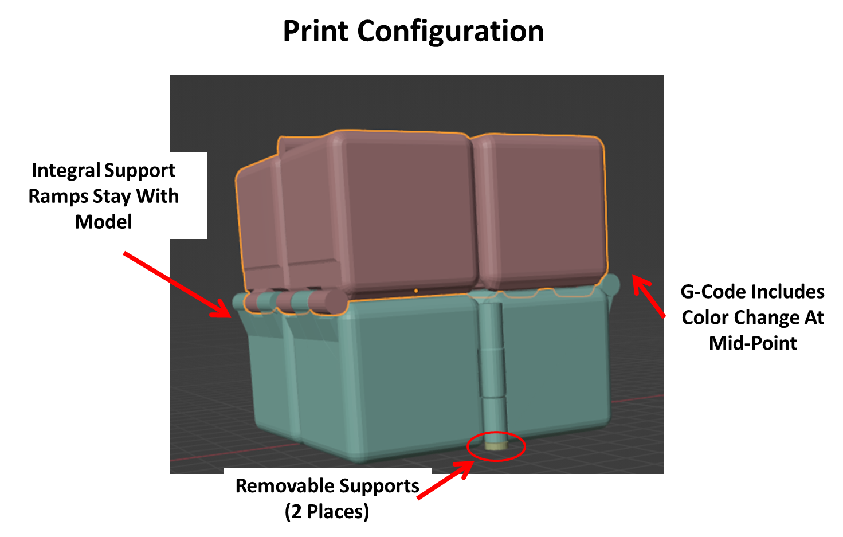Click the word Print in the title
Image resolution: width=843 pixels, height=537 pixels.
(315, 31)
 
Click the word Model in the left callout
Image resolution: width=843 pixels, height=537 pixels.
(104, 222)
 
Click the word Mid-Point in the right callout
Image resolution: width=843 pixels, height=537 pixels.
(753, 343)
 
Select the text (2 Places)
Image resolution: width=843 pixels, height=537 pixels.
(327, 512)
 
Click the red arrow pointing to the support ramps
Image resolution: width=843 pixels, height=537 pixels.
(177, 284)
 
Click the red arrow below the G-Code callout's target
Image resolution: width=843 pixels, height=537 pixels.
(648, 296)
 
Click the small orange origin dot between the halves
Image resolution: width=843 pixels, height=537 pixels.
(416, 291)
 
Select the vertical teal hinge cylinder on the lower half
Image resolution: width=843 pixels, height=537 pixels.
(494, 373)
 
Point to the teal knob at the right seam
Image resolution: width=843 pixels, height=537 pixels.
(612, 285)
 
